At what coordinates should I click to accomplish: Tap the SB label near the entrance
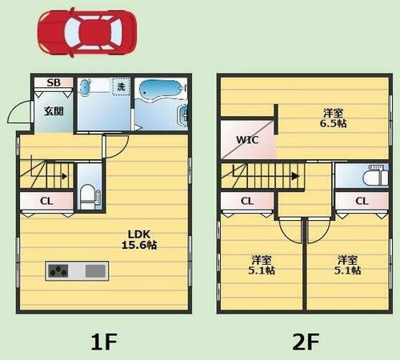click(53, 82)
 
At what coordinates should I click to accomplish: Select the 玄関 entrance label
click(53, 112)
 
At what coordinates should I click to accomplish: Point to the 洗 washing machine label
click(120, 86)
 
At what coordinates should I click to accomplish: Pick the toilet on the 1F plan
click(89, 194)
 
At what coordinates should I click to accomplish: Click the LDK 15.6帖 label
click(139, 239)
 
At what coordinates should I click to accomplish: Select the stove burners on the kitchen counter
click(59, 270)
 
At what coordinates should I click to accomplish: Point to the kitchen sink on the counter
click(95, 270)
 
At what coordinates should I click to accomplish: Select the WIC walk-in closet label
click(246, 141)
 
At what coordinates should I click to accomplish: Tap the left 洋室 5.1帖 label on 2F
click(261, 265)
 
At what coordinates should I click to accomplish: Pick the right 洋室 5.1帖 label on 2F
click(346, 265)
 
